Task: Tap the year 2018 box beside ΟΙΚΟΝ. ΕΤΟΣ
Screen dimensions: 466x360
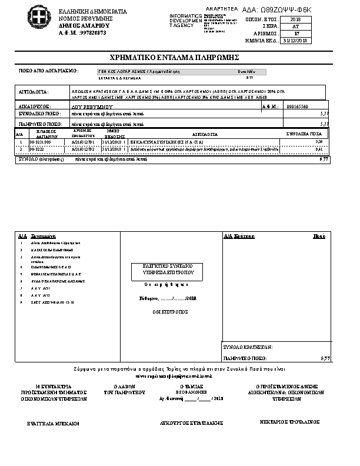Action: click(295, 19)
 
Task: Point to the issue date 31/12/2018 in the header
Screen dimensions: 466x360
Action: click(295, 41)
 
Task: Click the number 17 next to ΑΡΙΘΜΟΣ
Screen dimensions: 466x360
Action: click(296, 34)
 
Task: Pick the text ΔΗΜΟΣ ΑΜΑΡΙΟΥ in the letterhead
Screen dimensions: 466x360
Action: click(76, 26)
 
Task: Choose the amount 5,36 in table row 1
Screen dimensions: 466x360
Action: click(319, 142)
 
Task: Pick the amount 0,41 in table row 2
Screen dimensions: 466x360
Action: click(319, 149)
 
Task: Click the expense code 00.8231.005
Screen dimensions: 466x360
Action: click(39, 142)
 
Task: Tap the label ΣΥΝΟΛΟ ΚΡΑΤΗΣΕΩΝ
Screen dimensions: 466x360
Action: click(248, 347)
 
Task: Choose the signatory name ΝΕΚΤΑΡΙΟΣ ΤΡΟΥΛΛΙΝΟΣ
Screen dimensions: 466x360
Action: click(289, 422)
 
